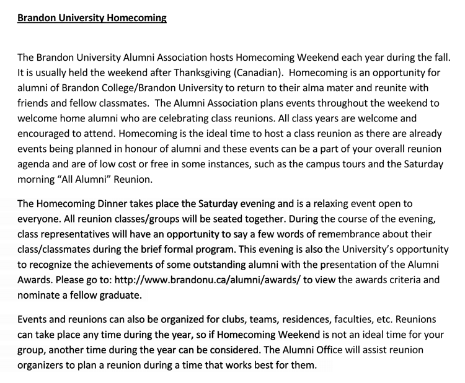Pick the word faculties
click(x=355, y=320)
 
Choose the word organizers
click(x=43, y=364)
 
